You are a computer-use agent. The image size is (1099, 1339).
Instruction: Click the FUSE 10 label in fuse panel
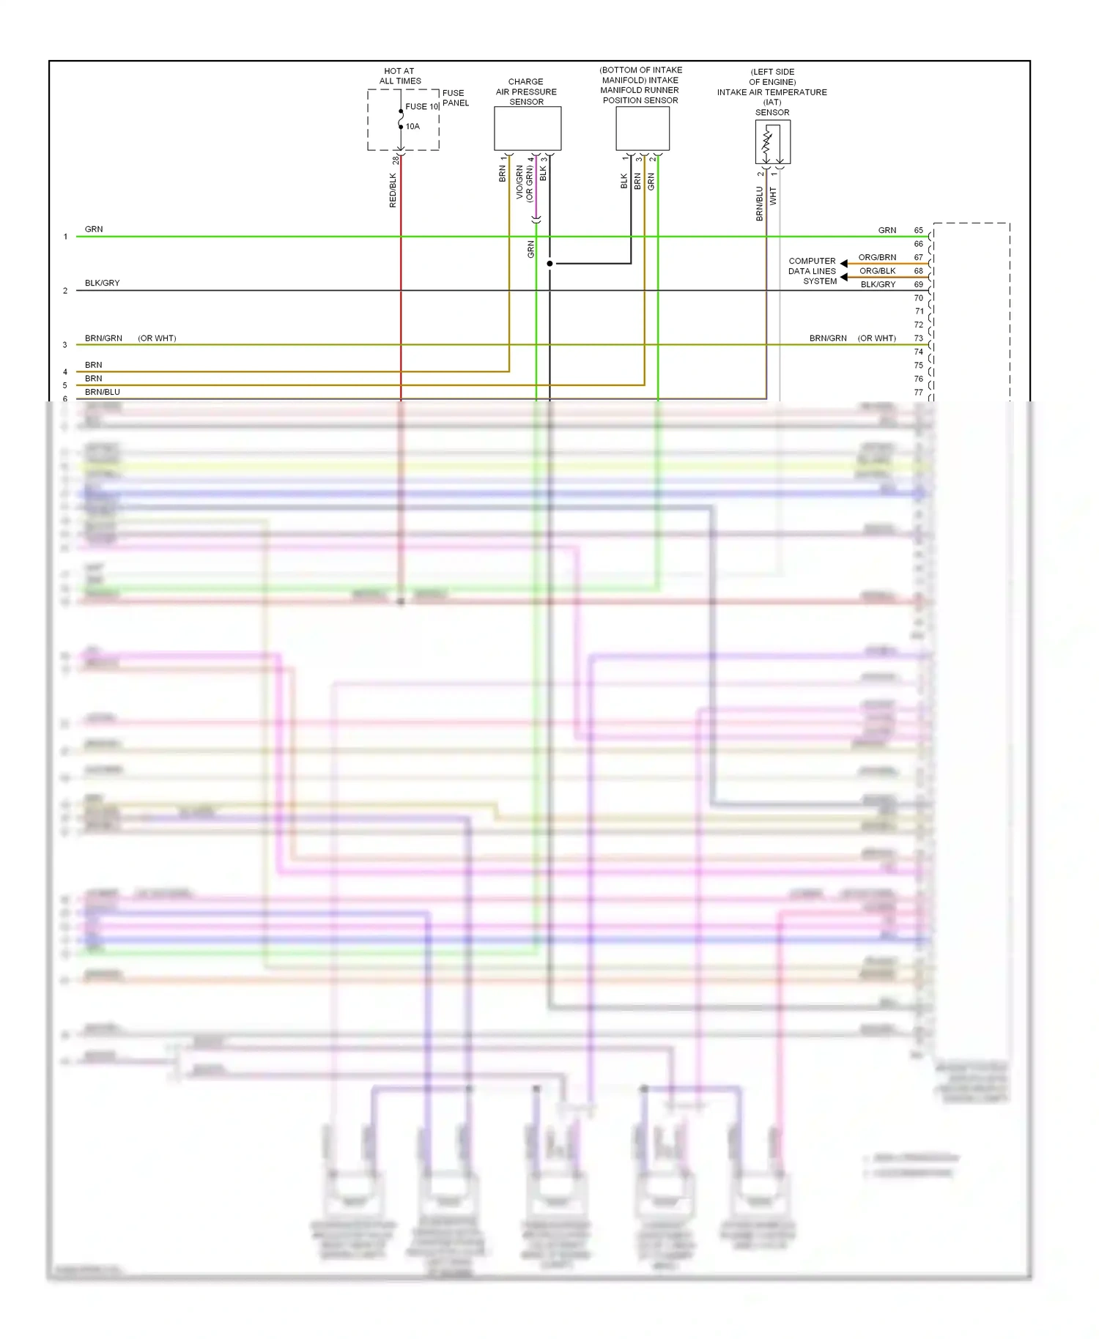pos(421,106)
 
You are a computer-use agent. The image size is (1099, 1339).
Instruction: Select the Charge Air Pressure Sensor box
pos(527,128)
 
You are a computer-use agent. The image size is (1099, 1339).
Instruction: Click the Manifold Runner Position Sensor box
pos(642,128)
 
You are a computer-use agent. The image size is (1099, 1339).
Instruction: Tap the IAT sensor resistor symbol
pos(768,144)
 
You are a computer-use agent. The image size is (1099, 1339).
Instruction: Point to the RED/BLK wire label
pos(393,190)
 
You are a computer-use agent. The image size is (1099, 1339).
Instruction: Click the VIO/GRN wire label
pos(519,182)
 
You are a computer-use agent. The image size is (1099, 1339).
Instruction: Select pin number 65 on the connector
pos(918,230)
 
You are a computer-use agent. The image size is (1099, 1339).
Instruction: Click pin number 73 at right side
pos(918,338)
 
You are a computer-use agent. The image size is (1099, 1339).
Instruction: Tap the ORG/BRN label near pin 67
pos(877,257)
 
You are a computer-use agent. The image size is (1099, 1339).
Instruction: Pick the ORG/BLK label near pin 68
pos(877,271)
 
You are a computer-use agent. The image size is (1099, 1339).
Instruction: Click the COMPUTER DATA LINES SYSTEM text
pos(812,271)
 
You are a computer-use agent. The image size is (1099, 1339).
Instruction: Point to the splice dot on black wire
pos(549,264)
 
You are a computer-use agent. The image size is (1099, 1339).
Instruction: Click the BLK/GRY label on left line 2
pos(102,283)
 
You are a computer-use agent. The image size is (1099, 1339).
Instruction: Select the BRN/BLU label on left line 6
pos(102,392)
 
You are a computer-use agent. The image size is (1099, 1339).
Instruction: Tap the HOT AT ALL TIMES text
pos(399,76)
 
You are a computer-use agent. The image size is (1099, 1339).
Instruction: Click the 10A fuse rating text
pos(412,127)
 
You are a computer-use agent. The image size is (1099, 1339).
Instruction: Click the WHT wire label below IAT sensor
pos(773,196)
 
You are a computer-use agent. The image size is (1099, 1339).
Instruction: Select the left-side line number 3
pos(65,345)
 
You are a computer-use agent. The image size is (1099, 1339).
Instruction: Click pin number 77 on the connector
pos(918,393)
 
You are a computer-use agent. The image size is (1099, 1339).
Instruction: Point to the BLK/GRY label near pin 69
pos(878,284)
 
